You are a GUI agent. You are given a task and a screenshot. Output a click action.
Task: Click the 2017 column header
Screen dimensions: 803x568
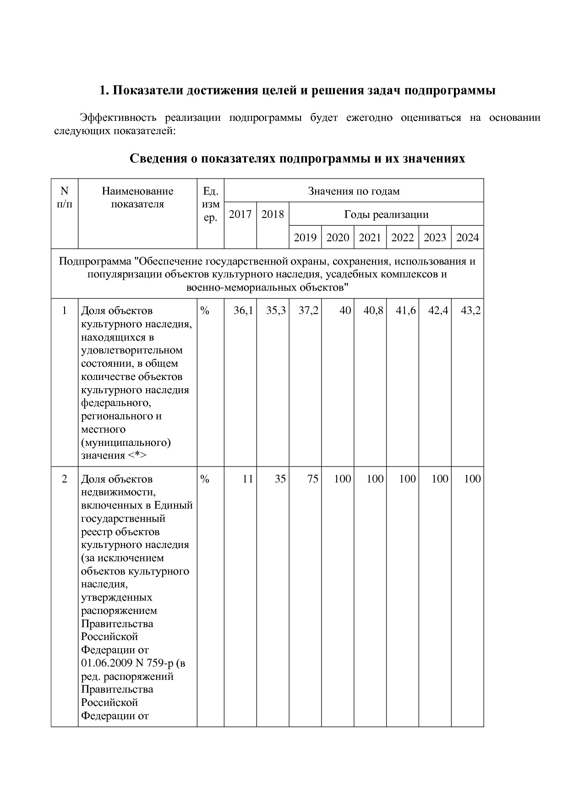(240, 214)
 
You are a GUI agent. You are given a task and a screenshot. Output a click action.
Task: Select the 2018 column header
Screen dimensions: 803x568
(273, 214)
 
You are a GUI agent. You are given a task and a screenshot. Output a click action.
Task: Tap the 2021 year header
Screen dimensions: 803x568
(370, 238)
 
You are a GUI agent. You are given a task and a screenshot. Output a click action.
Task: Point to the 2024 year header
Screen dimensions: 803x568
(468, 238)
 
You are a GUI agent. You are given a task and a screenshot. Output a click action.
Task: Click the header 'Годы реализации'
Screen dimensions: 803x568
(386, 214)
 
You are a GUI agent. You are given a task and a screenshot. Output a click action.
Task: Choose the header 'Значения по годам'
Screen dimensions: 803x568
(354, 191)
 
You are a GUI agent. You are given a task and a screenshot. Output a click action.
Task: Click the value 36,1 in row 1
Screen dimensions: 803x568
(243, 310)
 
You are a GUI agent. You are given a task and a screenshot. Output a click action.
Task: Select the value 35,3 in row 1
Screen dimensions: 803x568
(276, 310)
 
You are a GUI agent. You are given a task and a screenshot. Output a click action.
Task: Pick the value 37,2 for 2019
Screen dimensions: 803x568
(308, 310)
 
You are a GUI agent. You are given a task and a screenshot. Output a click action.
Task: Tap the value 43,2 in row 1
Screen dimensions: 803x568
(470, 310)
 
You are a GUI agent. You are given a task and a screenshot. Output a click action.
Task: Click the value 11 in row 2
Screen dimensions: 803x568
(248, 479)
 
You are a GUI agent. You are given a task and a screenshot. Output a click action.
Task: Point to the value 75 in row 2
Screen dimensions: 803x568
(313, 479)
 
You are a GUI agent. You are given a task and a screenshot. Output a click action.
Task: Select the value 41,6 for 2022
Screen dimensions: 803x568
(406, 310)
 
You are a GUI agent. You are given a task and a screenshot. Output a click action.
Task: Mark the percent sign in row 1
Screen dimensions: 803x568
(205, 311)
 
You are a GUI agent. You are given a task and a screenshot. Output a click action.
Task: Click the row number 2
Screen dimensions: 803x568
(65, 479)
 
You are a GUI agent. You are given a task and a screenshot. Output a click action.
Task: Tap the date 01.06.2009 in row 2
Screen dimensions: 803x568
(107, 663)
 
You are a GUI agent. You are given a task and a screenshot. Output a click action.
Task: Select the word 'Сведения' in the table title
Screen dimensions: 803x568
(154, 158)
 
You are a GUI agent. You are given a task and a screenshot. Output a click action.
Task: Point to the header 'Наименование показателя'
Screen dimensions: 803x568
(137, 197)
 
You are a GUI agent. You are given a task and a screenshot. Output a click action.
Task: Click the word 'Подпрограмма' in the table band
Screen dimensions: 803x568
(94, 261)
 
